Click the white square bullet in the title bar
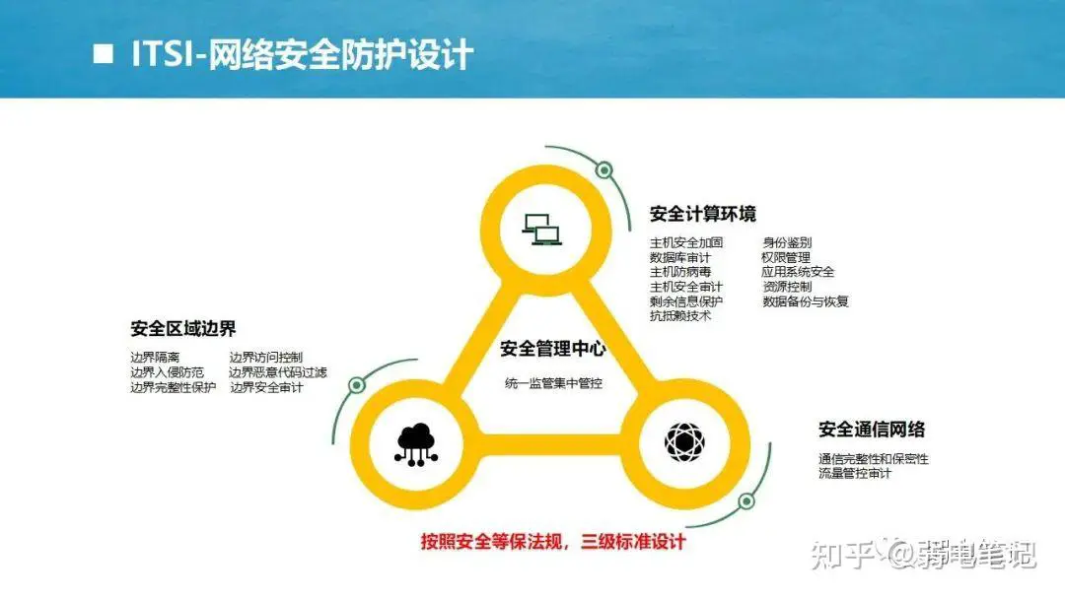pos(104,53)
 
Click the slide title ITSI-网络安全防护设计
pos(303,54)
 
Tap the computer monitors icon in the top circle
pos(542,230)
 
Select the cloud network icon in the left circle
pos(416,444)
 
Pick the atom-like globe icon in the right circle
pos(684,441)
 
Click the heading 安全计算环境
pos(703,214)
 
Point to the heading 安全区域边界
pos(183,329)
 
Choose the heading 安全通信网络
pos(872,430)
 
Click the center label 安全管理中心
pos(553,349)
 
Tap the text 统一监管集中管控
pos(553,383)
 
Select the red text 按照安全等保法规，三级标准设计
pos(553,541)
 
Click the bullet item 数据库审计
pos(679,257)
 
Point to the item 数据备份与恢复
pos(806,301)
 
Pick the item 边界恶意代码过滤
pos(278,372)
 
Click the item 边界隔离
pos(155,357)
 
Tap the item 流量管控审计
pos(855,473)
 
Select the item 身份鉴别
pos(787,242)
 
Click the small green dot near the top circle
pos(603,169)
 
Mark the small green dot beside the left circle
pos(357,385)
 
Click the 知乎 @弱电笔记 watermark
pos(924,555)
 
